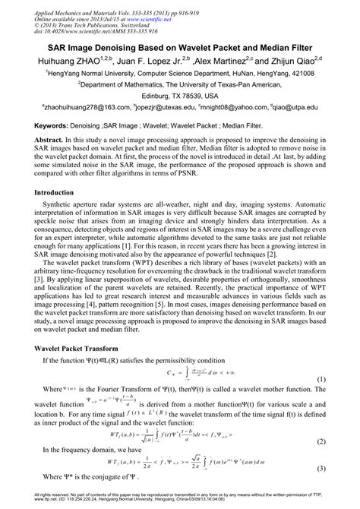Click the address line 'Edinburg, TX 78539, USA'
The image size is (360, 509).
[x=180, y=96]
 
